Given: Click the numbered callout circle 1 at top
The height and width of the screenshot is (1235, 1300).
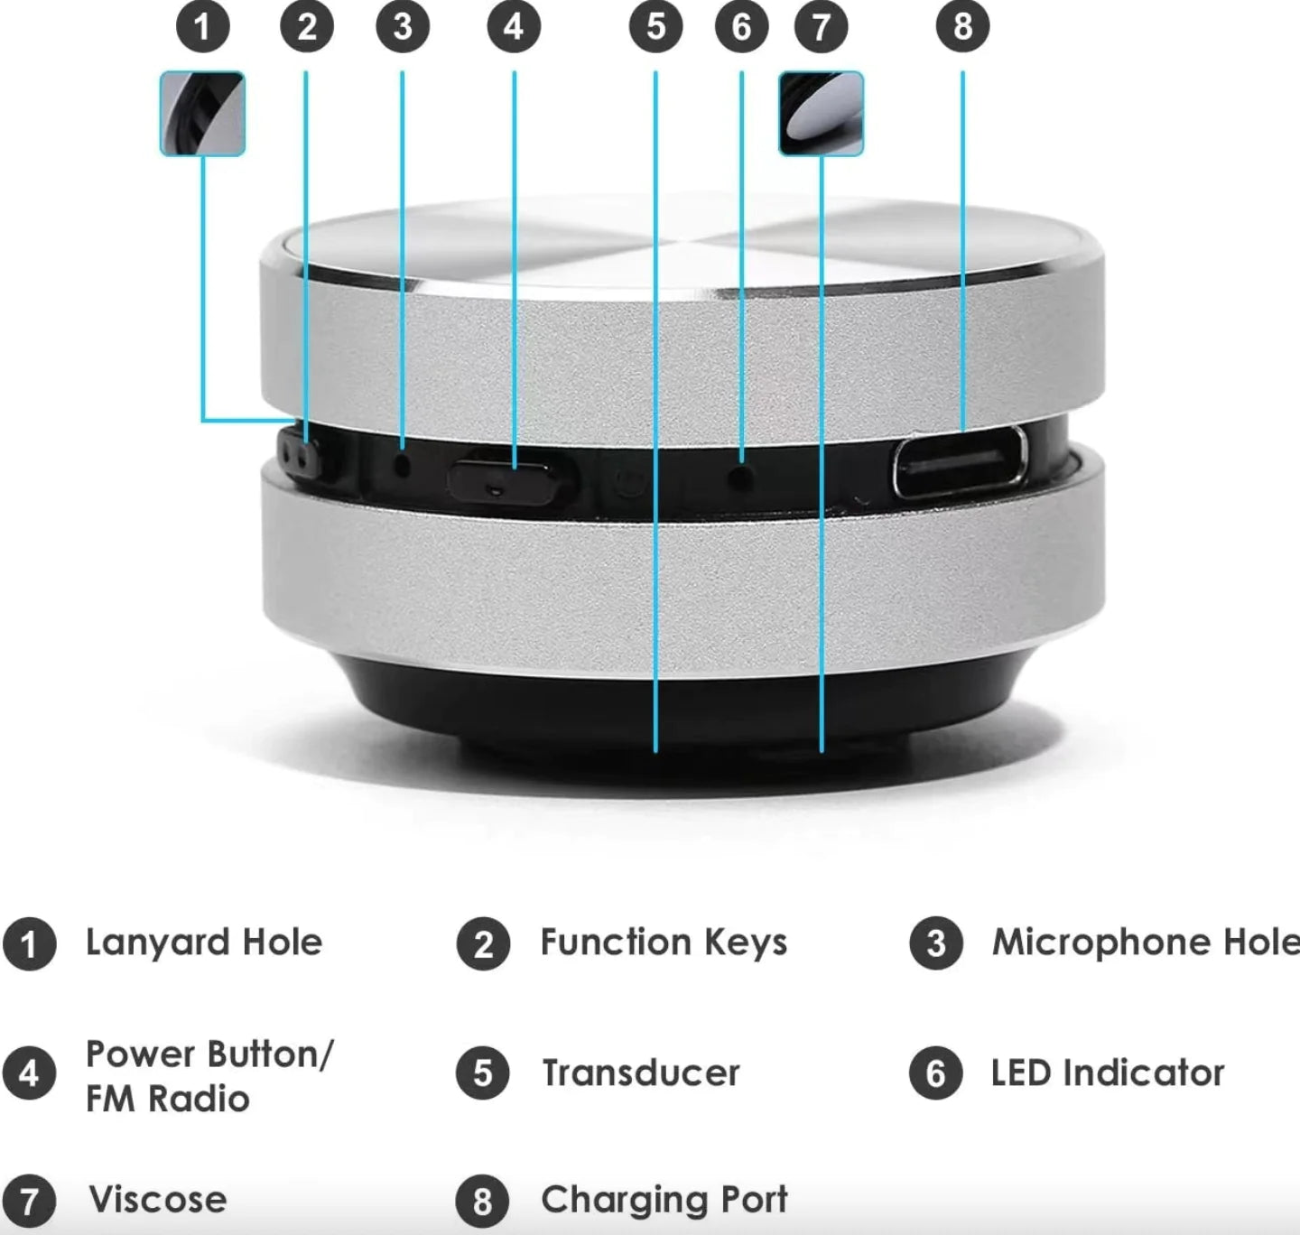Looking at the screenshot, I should (x=202, y=26).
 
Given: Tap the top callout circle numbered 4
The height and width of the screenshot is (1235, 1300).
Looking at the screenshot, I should (x=514, y=26).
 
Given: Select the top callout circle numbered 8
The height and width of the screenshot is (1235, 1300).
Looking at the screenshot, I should (x=962, y=26).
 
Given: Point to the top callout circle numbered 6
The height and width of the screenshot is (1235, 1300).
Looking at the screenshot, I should (x=741, y=26).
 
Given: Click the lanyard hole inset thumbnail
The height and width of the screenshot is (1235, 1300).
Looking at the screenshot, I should (x=202, y=114).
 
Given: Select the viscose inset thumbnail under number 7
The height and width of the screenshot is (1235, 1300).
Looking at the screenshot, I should (x=821, y=114).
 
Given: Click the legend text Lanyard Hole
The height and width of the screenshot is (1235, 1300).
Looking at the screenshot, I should (x=204, y=942).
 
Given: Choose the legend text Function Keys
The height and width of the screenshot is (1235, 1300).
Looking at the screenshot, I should (x=664, y=942).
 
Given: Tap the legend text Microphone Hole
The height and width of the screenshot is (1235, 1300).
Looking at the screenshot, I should (x=1145, y=942).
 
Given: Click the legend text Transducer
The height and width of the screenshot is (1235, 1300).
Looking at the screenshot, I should (x=640, y=1073).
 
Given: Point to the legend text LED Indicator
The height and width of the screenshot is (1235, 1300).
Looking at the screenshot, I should (x=1107, y=1073).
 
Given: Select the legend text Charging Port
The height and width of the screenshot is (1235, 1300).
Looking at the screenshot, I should (x=664, y=1200).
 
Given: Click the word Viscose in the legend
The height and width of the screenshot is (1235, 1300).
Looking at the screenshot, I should (x=158, y=1200).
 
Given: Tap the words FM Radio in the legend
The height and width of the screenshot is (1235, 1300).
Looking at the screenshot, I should (x=167, y=1099).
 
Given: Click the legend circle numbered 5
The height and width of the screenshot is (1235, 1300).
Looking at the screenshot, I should (x=483, y=1073).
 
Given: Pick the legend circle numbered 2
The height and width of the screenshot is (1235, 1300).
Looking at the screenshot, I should (x=483, y=944).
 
